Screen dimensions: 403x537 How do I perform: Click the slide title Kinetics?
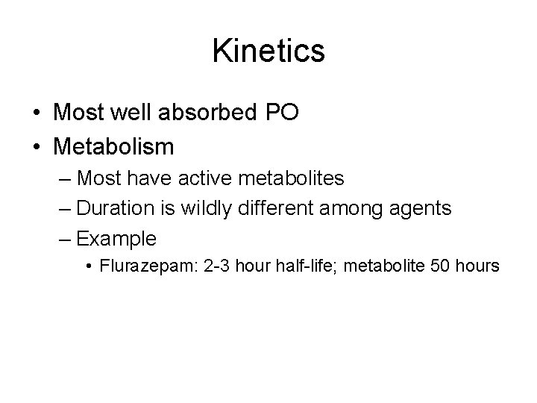pyautogui.click(x=268, y=51)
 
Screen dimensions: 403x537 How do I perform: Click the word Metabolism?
pyautogui.click(x=113, y=145)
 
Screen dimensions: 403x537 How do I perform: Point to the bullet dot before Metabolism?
pyautogui.click(x=36, y=146)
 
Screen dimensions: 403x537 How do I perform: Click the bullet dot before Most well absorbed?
pyautogui.click(x=36, y=113)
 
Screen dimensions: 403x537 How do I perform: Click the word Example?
pyautogui.click(x=116, y=239)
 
